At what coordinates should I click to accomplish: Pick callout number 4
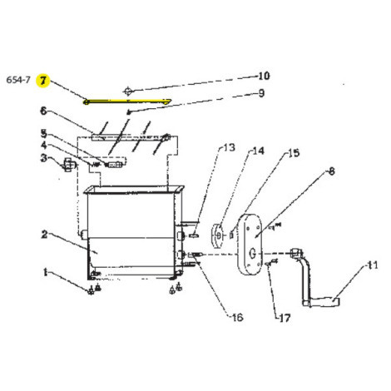coord(44,146)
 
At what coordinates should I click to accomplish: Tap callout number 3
coord(44,159)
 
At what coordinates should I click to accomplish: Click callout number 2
coord(44,235)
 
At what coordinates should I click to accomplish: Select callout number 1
coord(44,272)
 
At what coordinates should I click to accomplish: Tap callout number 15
coord(293,153)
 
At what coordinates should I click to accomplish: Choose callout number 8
coord(331,171)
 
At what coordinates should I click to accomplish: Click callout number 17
coord(284,317)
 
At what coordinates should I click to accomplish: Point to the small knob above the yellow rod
coord(126,89)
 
